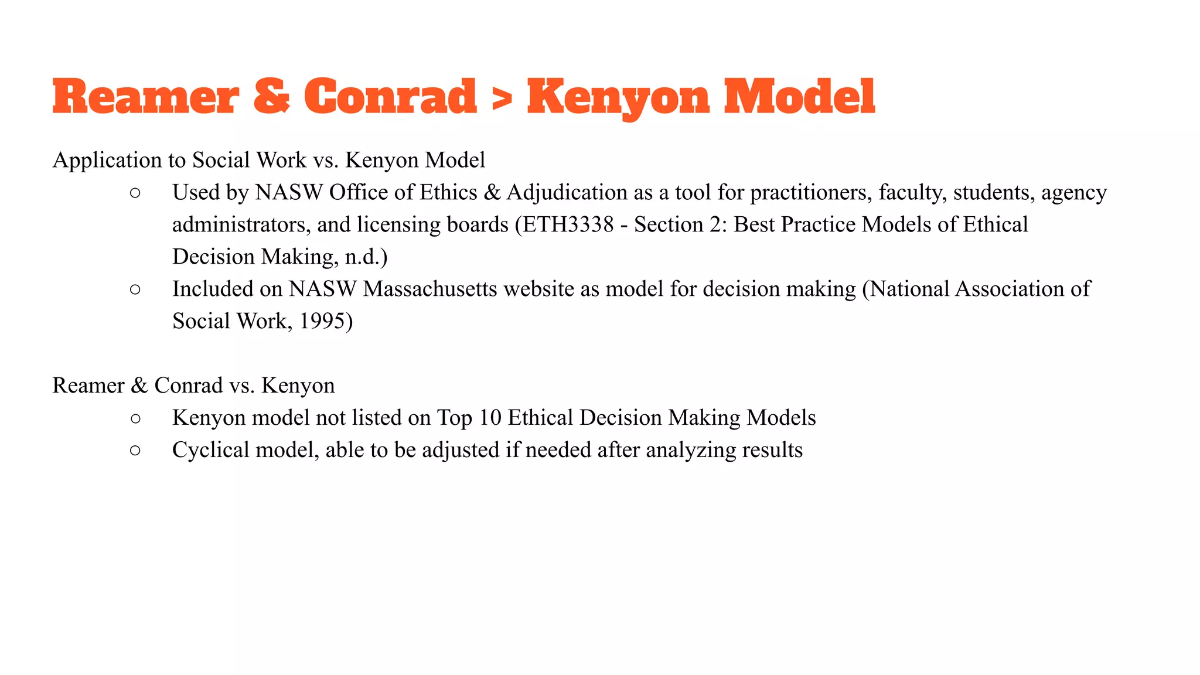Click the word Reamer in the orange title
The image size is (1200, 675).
pos(146,97)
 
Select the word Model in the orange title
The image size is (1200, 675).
pos(799,97)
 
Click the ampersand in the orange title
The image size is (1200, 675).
pos(271,97)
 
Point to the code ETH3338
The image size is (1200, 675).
pos(568,224)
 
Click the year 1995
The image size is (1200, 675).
pos(322,321)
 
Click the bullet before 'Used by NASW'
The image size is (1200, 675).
pos(135,193)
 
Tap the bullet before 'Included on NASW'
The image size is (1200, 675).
pos(135,289)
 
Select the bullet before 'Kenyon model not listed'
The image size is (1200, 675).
pos(135,418)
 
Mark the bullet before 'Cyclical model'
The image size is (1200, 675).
pos(135,451)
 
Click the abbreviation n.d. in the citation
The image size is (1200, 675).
pos(363,257)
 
